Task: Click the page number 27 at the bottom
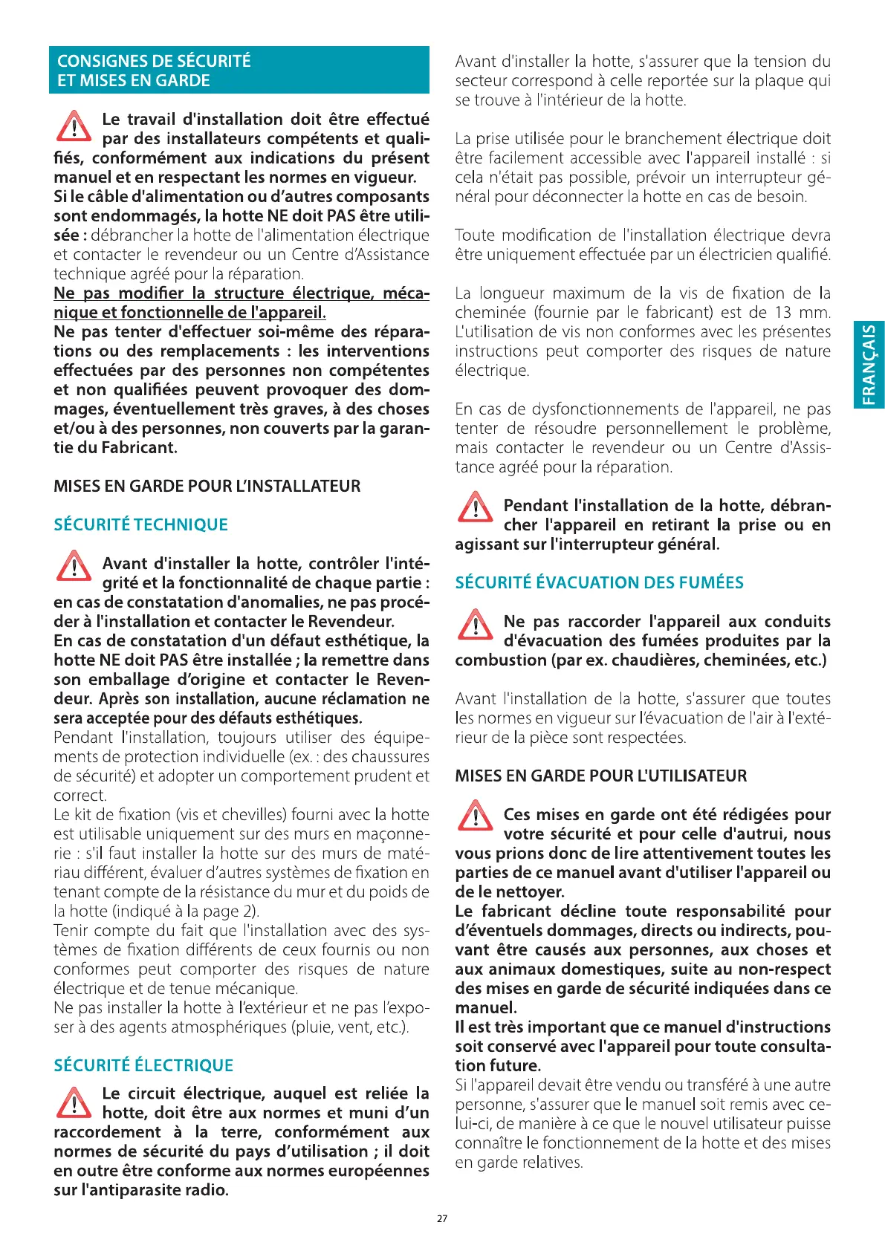point(442,1218)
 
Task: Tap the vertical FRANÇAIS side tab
point(869,365)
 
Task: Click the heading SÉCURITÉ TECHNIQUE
point(140,524)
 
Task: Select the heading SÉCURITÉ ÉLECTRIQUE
point(143,1065)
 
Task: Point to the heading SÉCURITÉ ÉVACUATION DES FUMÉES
point(599,582)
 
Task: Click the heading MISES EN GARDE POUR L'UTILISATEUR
point(600,776)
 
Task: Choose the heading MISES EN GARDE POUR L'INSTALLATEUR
point(207,486)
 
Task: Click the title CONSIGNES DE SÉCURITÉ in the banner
point(154,61)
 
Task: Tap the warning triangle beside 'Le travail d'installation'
point(74,126)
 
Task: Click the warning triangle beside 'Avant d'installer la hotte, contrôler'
point(74,566)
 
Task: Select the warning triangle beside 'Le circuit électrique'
point(74,1102)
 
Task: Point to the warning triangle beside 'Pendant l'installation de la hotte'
point(475,507)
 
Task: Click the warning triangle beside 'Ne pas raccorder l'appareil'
point(475,624)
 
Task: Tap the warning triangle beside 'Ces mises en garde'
point(475,816)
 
